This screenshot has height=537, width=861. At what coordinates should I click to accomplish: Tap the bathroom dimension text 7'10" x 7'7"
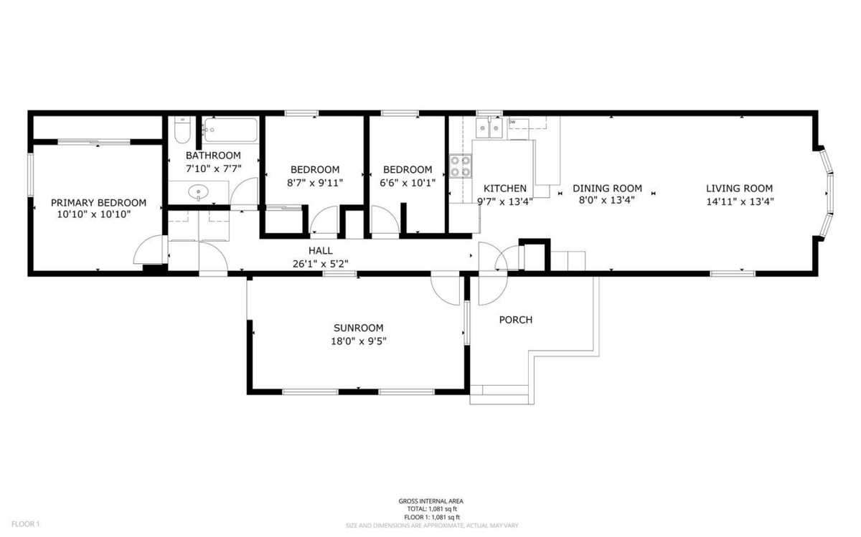tap(213, 169)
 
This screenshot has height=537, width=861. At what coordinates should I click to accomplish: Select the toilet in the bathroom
tap(182, 132)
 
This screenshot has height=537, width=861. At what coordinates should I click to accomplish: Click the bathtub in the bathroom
tap(230, 130)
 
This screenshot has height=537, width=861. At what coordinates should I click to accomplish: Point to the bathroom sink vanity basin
tap(199, 192)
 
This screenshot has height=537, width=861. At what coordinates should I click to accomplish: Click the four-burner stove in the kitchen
tap(461, 166)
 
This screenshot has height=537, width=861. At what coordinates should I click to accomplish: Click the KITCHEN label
tap(505, 189)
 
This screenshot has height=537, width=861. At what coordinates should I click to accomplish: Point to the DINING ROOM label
tap(607, 189)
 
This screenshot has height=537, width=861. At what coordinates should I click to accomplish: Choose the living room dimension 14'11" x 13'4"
tap(740, 201)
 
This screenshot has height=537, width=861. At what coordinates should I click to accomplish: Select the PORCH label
tap(516, 320)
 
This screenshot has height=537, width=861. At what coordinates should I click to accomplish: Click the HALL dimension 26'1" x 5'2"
tap(320, 263)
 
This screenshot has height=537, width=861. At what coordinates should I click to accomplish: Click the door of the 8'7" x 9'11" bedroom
tap(324, 222)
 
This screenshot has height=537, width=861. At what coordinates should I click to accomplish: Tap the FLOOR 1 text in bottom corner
tap(25, 524)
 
